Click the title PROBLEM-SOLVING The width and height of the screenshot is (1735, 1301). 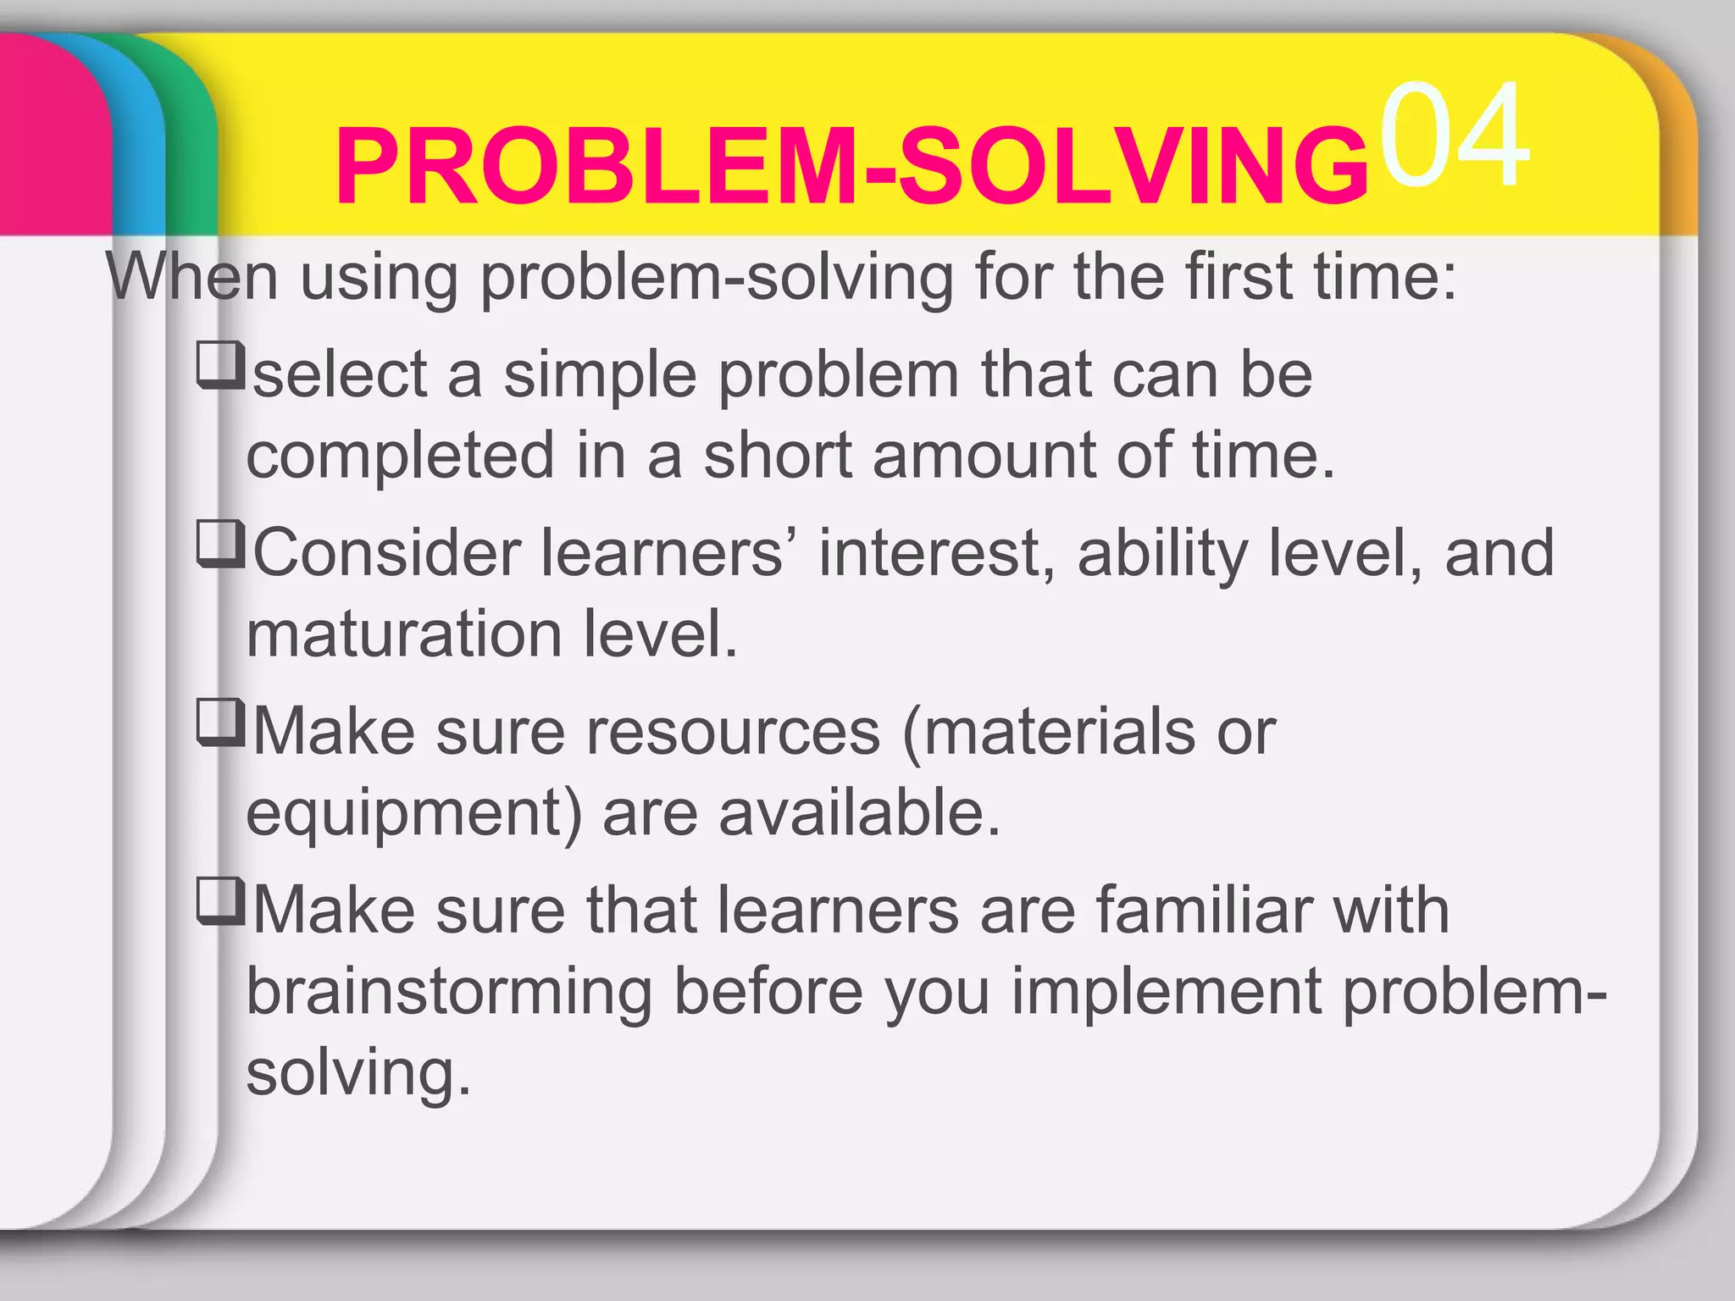851,167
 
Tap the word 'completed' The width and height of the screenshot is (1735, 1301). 400,455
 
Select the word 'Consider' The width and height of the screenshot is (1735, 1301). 386,553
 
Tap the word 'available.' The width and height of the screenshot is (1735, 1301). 860,812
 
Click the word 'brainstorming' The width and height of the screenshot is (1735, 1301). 449,993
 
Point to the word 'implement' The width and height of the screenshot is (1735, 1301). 1167,993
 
